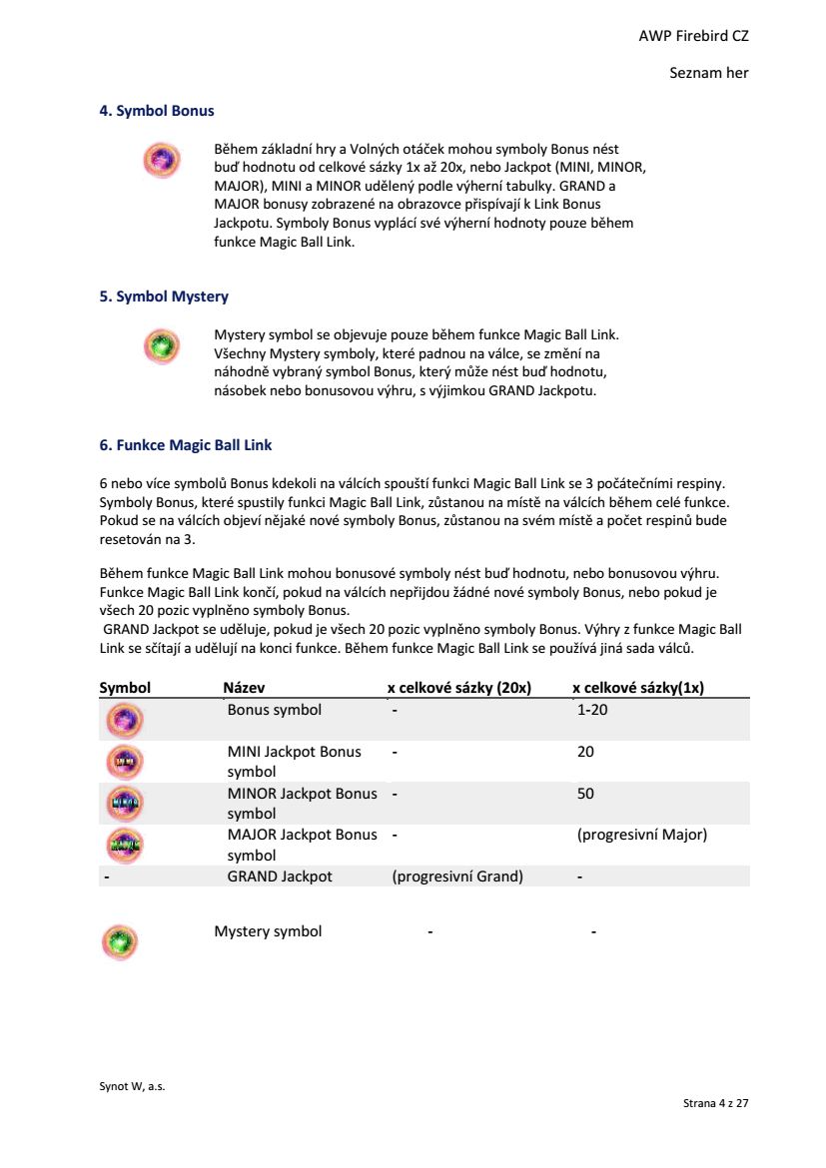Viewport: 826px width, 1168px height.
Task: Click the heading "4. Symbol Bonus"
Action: point(156,111)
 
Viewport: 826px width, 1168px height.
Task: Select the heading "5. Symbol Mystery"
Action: point(164,296)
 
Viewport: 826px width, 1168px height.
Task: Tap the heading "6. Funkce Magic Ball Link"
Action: point(185,445)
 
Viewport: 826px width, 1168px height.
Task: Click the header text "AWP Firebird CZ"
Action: point(693,36)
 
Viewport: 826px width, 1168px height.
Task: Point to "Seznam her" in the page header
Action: point(709,73)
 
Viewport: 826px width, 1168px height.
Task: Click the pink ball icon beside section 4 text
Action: point(162,159)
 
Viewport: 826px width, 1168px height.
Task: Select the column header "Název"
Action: point(244,688)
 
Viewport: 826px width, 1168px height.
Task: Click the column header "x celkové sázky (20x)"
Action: point(458,688)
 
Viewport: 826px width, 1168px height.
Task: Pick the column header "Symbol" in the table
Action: point(125,688)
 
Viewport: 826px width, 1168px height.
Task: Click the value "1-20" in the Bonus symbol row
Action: point(592,710)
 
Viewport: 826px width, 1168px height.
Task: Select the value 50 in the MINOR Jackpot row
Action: point(585,794)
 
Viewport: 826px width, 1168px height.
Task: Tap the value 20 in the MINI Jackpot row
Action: point(585,752)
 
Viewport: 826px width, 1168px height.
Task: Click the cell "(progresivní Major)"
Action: point(641,835)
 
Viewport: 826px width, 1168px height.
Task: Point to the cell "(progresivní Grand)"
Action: point(457,876)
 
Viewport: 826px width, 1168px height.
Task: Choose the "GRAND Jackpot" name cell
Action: point(280,876)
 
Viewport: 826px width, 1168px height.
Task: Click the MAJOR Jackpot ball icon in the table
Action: point(125,845)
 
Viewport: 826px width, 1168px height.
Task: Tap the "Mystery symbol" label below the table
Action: point(268,931)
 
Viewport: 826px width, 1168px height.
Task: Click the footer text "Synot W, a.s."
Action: point(132,1087)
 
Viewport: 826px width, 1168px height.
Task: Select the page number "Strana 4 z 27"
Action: point(715,1103)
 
